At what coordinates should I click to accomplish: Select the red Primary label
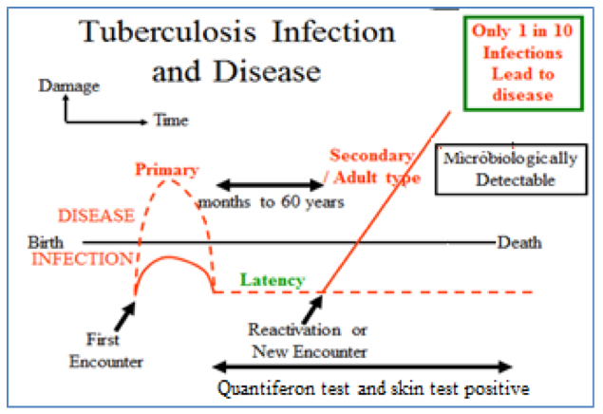click(166, 170)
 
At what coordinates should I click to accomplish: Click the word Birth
click(46, 242)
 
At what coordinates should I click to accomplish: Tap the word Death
click(519, 243)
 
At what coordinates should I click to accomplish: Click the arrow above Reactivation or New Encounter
click(313, 306)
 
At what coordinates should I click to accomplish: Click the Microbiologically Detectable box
click(498, 168)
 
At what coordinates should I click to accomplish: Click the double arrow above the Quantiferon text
click(361, 367)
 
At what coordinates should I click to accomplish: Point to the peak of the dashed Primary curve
click(172, 179)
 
